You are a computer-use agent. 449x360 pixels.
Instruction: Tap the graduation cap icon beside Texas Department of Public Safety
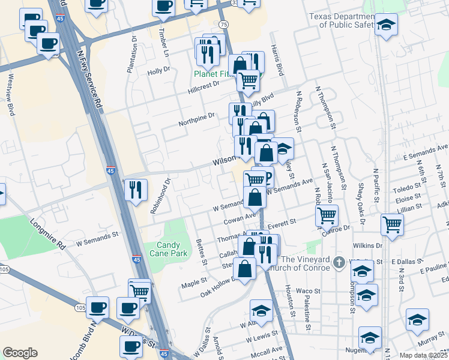pos(387,25)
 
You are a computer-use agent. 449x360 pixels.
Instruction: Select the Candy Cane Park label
pos(172,249)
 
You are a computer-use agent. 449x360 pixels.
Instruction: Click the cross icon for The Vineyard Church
pos(339,263)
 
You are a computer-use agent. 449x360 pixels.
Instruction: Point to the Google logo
pos(20,353)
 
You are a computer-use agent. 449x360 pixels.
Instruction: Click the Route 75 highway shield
pos(224,24)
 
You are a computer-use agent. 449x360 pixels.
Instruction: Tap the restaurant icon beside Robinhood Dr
pos(136,190)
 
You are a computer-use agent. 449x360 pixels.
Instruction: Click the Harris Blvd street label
pos(277,60)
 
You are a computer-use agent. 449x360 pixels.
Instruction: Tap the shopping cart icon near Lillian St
pos(392,224)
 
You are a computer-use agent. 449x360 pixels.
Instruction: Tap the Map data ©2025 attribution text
pos(424,355)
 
